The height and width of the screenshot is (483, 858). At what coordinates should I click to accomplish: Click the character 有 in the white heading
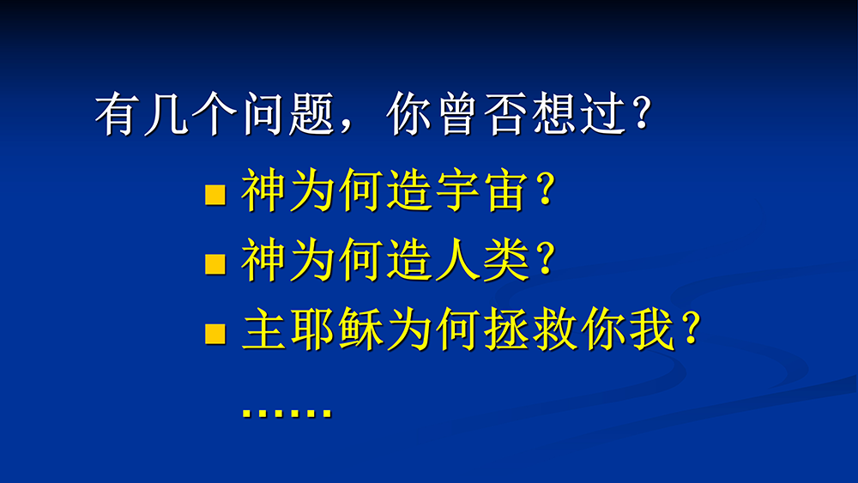[114, 114]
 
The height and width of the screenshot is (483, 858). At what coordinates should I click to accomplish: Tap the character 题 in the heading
[311, 114]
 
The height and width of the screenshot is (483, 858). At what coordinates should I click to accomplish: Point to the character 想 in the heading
[555, 114]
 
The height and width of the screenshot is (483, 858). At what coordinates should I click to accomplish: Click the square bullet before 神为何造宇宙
[215, 195]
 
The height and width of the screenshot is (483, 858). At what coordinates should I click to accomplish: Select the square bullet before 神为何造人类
[215, 263]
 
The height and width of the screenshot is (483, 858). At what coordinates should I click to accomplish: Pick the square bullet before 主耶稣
[215, 334]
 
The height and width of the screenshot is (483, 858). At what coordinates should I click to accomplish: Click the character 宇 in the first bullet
[458, 190]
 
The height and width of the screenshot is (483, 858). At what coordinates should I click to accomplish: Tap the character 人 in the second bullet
[458, 259]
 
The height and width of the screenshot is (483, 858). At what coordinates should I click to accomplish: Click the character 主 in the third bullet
[263, 329]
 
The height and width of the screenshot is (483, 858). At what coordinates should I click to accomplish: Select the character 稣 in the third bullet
[360, 329]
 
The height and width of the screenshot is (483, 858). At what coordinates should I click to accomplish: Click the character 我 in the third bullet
[652, 329]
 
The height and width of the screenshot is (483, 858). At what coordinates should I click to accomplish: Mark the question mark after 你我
[691, 329]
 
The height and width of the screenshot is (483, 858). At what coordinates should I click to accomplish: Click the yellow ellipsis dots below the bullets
[287, 412]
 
